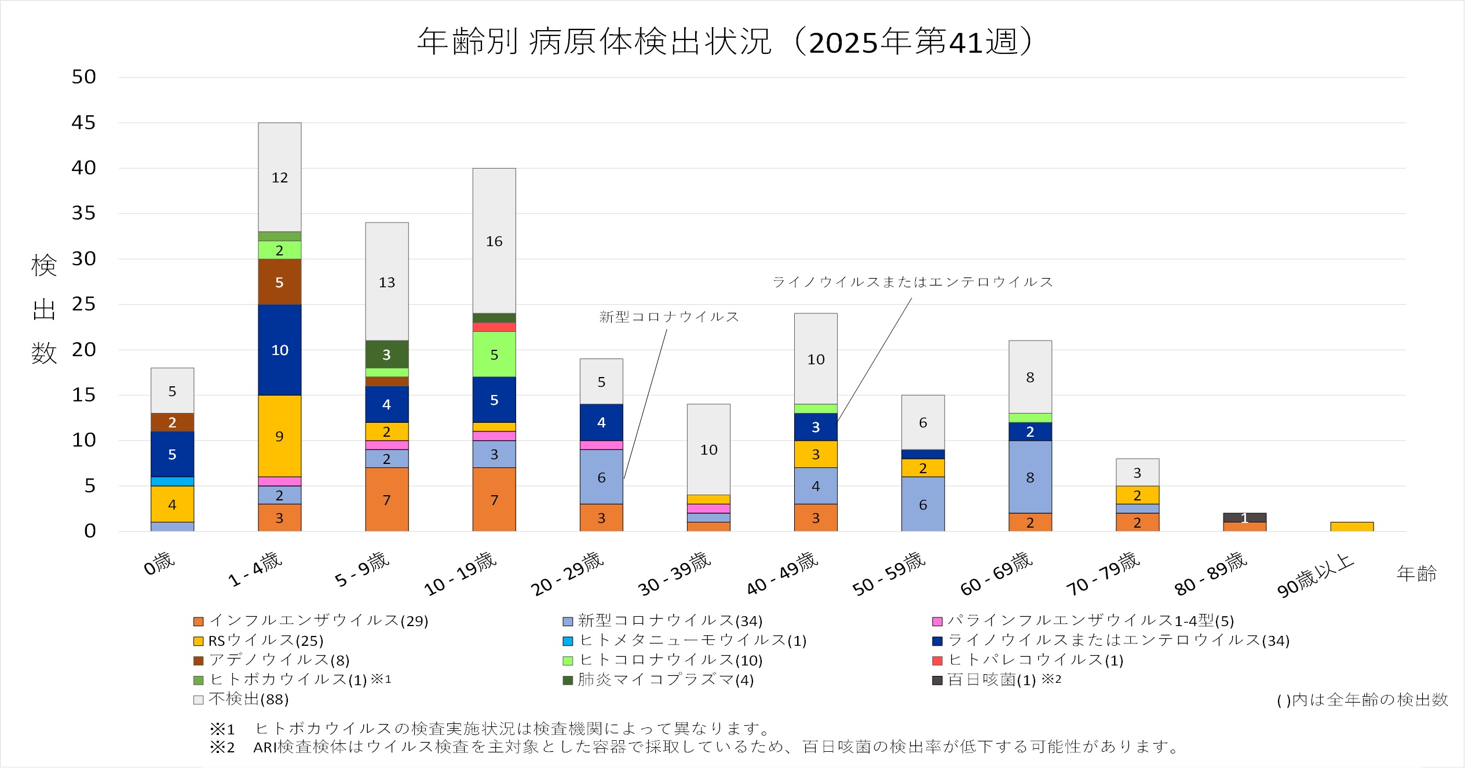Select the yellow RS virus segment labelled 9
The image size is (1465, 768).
tap(279, 436)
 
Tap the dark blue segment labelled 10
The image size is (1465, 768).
tap(279, 350)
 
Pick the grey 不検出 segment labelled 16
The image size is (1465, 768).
tap(494, 241)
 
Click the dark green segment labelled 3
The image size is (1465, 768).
tap(386, 354)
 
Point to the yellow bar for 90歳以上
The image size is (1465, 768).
tap(1351, 526)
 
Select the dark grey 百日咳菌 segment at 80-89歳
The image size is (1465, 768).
tap(1244, 517)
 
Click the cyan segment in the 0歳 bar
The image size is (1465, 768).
tap(172, 481)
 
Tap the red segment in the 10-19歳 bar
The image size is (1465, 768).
tap(494, 327)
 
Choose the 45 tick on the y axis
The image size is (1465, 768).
tap(83, 123)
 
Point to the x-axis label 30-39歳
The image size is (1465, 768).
tap(674, 573)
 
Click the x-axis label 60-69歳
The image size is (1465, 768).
tap(996, 573)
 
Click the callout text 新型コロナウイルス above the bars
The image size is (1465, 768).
tap(669, 317)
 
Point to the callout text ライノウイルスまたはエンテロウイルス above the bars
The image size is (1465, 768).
tap(912, 282)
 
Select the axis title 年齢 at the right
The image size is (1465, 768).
tap(1416, 574)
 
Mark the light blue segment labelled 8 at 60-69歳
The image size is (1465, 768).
tap(1030, 477)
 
